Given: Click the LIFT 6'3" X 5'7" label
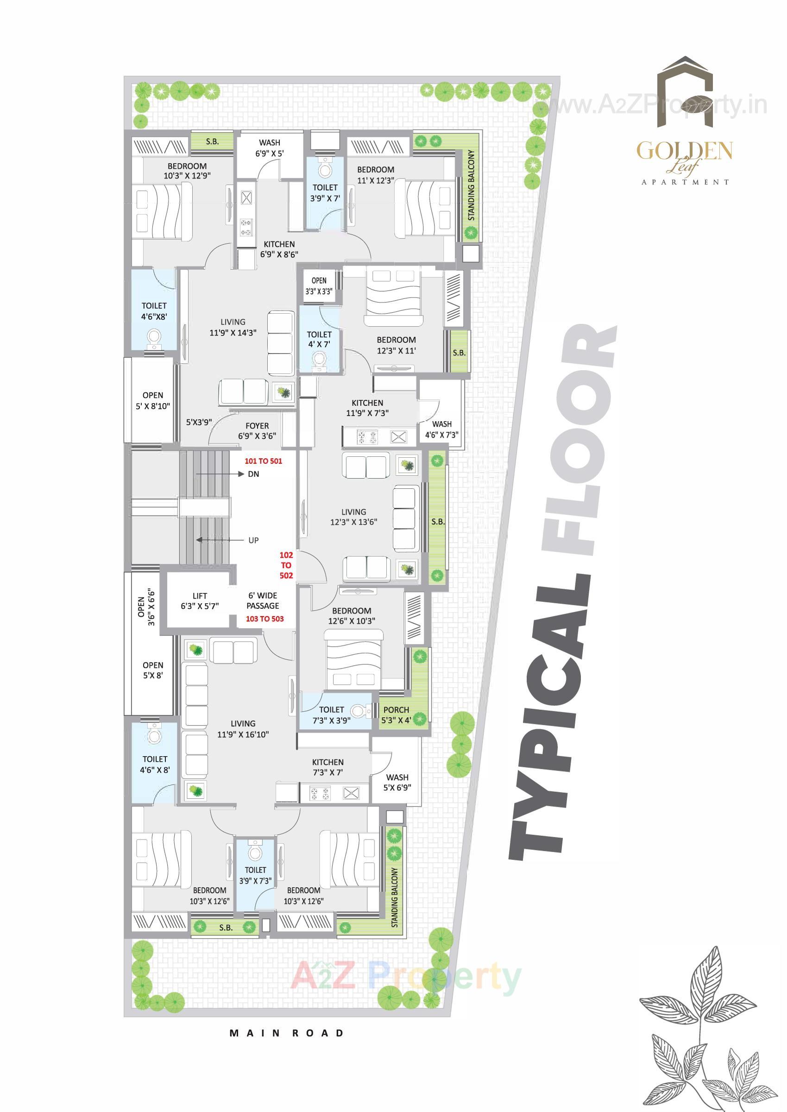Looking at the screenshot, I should click(x=200, y=600).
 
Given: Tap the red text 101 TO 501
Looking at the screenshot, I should click(x=263, y=461).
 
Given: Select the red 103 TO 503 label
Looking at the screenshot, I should click(x=264, y=619).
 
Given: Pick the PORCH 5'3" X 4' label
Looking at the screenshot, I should click(x=396, y=715).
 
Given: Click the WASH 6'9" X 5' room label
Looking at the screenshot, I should click(x=270, y=148).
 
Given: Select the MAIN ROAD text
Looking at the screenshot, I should click(x=286, y=1033).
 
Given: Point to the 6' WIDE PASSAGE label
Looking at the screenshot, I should click(x=263, y=600).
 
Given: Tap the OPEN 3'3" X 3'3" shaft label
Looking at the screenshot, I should click(x=319, y=286).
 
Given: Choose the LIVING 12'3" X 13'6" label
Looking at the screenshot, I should click(x=354, y=517).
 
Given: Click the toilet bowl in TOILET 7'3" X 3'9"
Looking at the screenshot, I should click(x=358, y=711).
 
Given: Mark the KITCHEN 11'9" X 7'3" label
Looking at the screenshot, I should click(x=367, y=408).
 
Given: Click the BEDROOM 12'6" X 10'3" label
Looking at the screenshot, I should click(x=352, y=616).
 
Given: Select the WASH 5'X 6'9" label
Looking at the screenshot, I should click(x=397, y=783).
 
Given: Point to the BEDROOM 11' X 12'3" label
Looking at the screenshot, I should click(x=376, y=175).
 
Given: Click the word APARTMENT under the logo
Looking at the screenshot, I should click(x=685, y=182).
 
